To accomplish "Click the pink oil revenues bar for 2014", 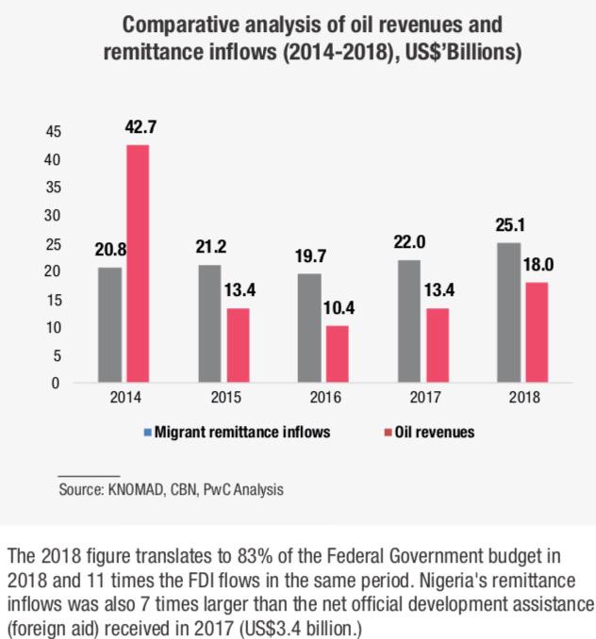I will coord(137,264).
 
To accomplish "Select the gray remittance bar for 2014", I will coord(110,325).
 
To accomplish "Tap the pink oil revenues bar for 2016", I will coord(337,354).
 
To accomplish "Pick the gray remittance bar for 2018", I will coord(510,313).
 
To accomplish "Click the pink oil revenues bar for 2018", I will coord(537,333).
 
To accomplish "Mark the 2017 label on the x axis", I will coord(422,398).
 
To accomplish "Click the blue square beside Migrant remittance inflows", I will coord(146,433).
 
